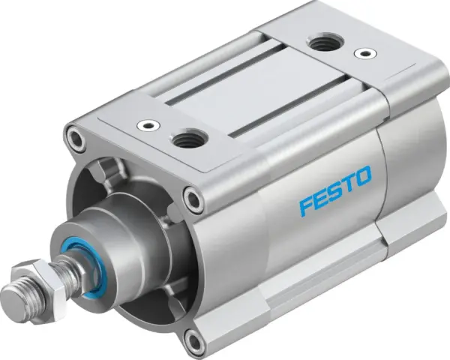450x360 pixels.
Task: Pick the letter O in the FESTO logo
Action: (x=363, y=178)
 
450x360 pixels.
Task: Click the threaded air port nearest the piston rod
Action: (x=184, y=137)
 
